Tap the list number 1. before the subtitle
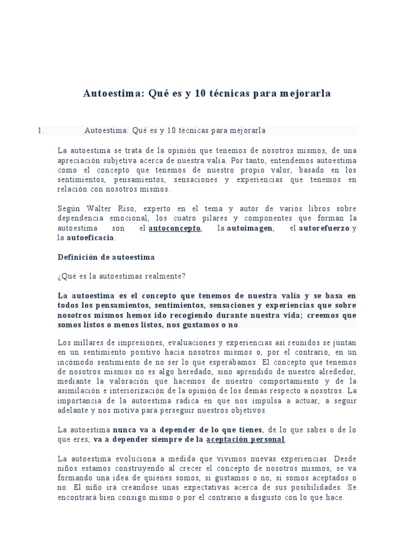tap(40, 131)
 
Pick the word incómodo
tap(74, 362)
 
